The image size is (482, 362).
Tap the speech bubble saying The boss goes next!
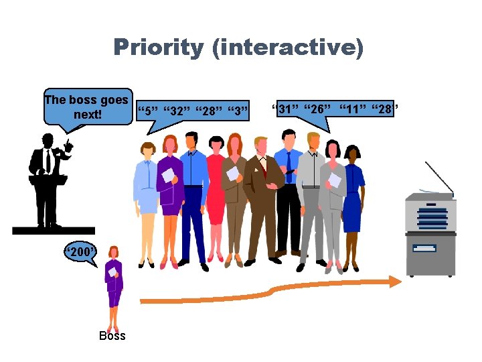tap(86, 107)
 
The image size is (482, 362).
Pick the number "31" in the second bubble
tap(287, 109)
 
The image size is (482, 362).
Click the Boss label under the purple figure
tap(112, 336)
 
